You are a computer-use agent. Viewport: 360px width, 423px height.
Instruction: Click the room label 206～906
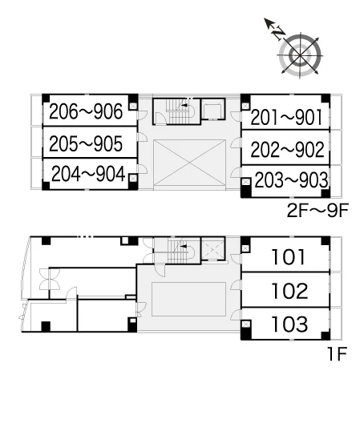[86, 111]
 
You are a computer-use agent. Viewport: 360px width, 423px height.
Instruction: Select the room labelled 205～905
[86, 143]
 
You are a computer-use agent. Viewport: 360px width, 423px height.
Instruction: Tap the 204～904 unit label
[88, 174]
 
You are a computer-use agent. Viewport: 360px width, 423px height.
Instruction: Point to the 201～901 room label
[286, 117]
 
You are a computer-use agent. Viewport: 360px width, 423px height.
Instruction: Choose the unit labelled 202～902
[287, 149]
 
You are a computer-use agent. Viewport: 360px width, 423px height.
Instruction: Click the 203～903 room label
[291, 180]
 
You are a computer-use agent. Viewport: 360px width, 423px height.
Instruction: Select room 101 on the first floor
[289, 257]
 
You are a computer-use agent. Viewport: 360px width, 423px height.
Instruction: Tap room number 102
[289, 291]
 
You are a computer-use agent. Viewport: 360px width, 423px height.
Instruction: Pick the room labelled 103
[289, 324]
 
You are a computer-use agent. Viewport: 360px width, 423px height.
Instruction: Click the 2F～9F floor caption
[318, 211]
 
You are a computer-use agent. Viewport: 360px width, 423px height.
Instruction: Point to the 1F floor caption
[337, 354]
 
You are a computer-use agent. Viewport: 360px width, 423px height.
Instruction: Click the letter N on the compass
[278, 33]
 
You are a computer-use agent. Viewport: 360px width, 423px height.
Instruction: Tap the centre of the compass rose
[301, 56]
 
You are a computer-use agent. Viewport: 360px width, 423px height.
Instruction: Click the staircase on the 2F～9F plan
[179, 111]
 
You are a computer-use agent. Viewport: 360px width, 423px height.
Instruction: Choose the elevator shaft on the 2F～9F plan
[213, 109]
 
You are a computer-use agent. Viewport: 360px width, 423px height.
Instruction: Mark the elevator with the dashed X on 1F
[213, 248]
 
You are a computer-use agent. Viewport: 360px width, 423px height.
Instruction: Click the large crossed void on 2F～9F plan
[189, 163]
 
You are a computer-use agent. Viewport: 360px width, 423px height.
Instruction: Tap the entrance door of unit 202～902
[236, 143]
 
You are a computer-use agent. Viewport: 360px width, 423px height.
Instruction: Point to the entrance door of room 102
[236, 285]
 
